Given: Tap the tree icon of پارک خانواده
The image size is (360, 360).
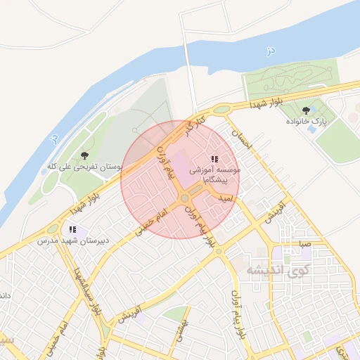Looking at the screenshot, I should pyautogui.click(x=306, y=110).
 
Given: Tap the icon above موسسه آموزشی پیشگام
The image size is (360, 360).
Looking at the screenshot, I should pyautogui.click(x=214, y=160).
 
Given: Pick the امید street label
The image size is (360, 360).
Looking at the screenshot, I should pyautogui.click(x=226, y=200).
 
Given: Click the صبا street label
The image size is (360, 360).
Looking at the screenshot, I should pyautogui.click(x=304, y=243).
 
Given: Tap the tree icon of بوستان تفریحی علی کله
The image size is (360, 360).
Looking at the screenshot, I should pyautogui.click(x=85, y=155).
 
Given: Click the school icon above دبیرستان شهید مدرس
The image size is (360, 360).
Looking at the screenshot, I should pyautogui.click(x=72, y=229).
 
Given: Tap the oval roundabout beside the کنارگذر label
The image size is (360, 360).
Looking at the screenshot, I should pyautogui.click(x=222, y=109).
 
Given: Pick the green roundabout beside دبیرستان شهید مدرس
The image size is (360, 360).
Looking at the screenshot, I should pyautogui.click(x=52, y=228).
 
